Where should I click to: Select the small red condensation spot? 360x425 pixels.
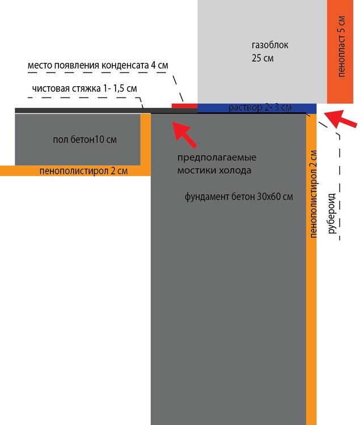click(x=184, y=105)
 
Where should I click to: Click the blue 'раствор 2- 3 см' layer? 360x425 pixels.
click(x=257, y=108)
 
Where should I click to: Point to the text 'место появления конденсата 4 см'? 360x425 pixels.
click(x=98, y=66)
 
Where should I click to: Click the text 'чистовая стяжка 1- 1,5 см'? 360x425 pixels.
click(x=84, y=88)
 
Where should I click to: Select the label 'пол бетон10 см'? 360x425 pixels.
click(x=88, y=139)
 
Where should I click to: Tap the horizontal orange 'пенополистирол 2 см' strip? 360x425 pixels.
click(x=74, y=171)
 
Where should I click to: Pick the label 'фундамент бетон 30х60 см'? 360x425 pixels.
click(x=238, y=197)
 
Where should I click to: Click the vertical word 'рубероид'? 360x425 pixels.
click(x=332, y=212)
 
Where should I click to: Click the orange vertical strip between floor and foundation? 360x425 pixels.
click(x=146, y=142)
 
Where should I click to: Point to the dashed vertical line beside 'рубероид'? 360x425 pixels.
click(x=340, y=187)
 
